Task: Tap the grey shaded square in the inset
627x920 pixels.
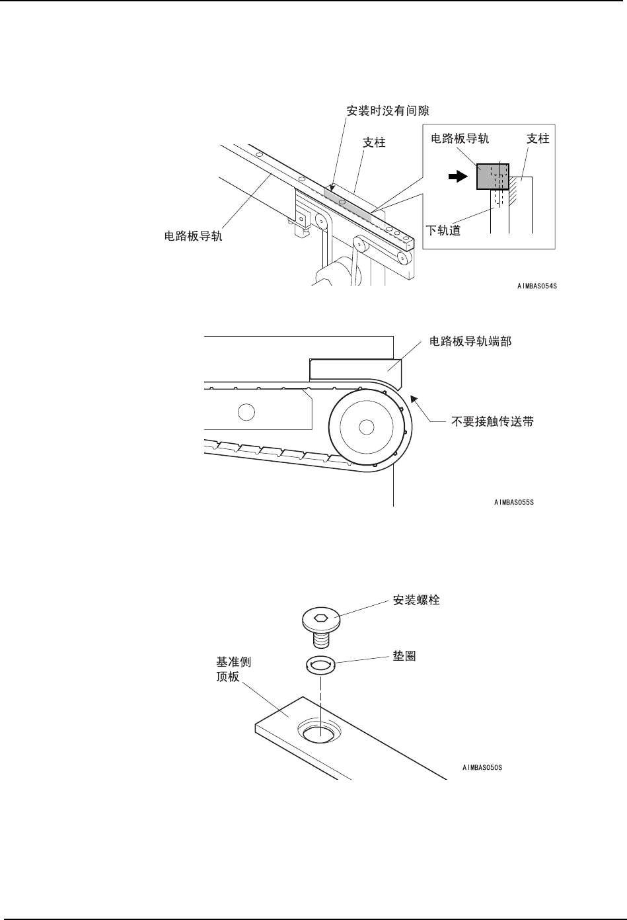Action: (490, 176)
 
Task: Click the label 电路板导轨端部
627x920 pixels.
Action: (470, 343)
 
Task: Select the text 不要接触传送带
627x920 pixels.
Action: (492, 421)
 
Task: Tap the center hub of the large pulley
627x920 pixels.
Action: (365, 427)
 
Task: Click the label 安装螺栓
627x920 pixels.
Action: (416, 600)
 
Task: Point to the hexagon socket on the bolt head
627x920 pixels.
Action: (320, 618)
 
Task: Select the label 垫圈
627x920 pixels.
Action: (404, 657)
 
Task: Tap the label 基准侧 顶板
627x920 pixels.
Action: (233, 669)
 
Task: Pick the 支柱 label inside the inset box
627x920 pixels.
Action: (538, 139)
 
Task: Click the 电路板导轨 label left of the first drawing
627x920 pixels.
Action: (193, 235)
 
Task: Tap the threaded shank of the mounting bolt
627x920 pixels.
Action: (321, 638)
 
